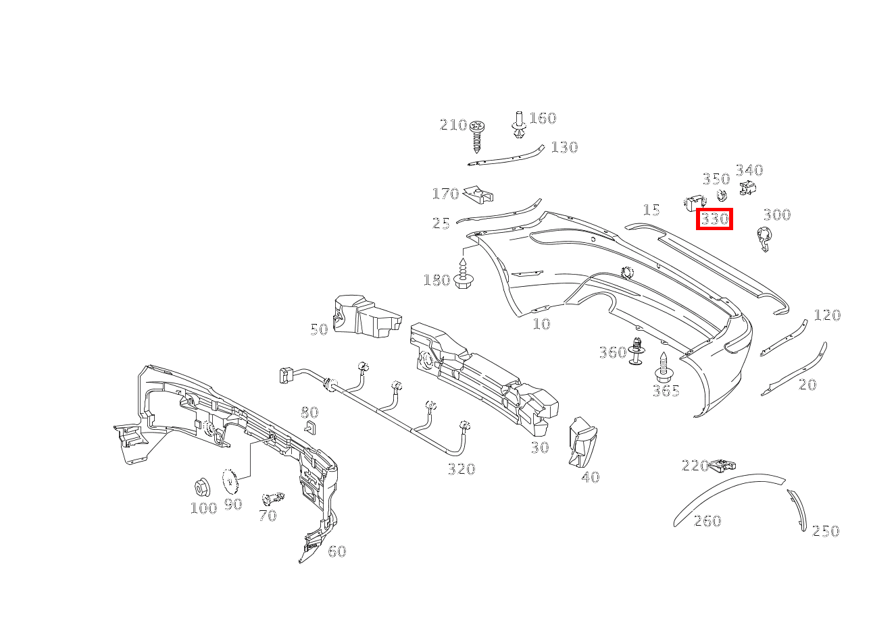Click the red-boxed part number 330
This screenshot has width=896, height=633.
(714, 219)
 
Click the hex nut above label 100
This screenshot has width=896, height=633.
(201, 486)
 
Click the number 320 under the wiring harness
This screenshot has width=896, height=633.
(462, 468)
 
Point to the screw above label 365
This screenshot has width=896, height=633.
(663, 367)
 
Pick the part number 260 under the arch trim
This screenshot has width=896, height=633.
(707, 520)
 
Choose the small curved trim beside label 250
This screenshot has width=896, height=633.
(799, 510)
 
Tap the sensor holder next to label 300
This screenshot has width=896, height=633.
(764, 239)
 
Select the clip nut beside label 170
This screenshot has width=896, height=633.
(478, 195)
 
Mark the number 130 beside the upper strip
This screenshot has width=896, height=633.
(564, 147)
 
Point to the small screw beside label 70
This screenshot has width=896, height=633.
(274, 499)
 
